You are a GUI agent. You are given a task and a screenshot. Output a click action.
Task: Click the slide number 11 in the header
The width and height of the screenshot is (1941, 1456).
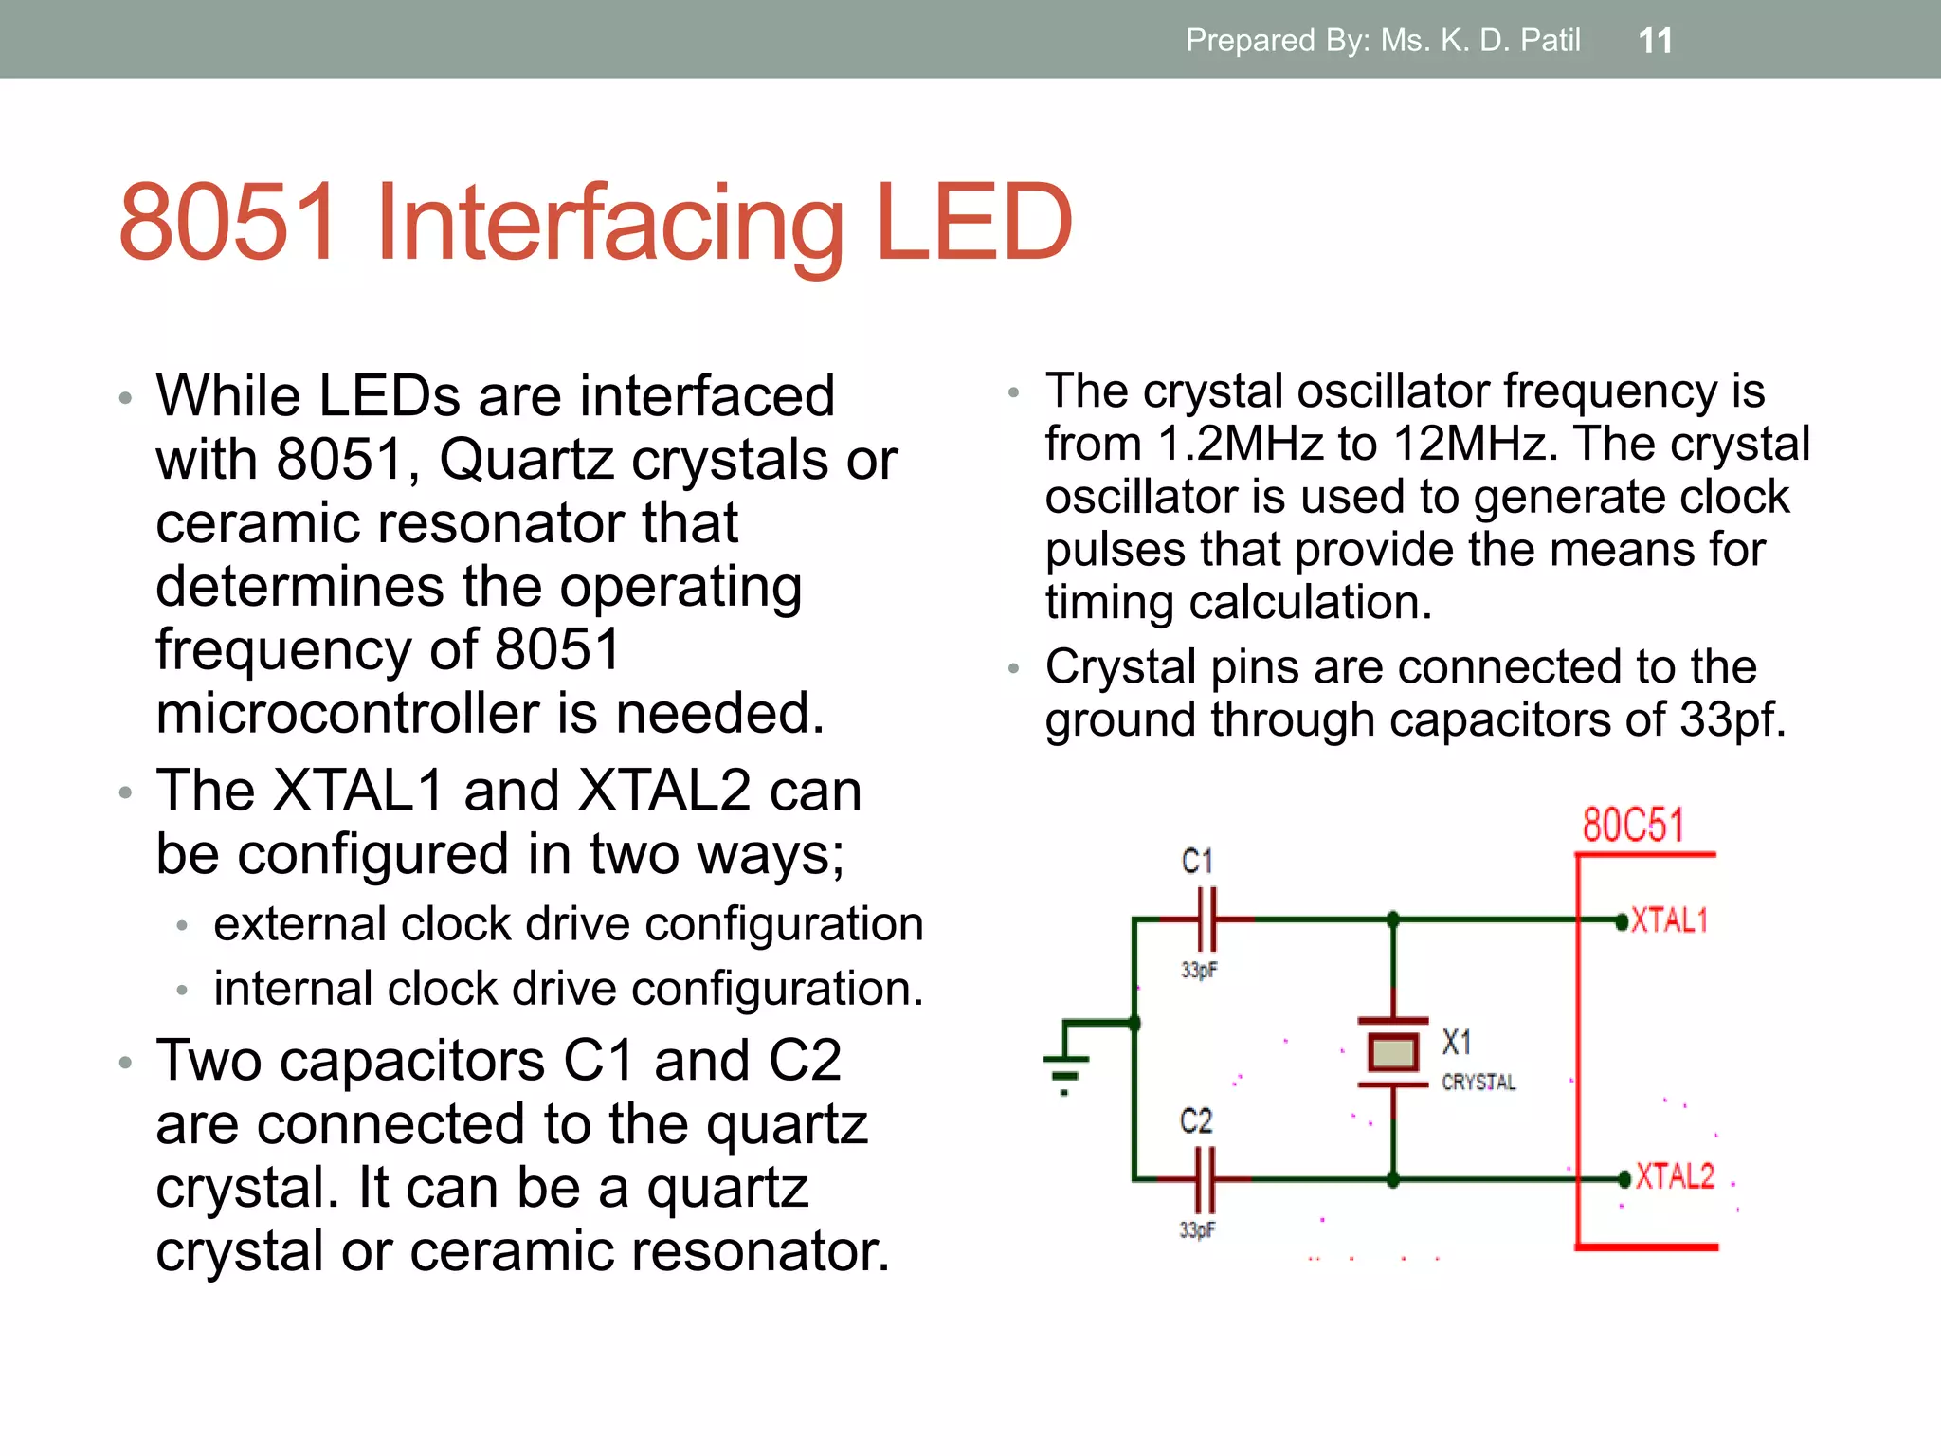1655,41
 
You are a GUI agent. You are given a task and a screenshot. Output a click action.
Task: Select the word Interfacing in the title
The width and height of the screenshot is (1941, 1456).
609,224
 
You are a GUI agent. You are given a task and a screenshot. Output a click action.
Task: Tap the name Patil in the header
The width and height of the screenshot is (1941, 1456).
1550,41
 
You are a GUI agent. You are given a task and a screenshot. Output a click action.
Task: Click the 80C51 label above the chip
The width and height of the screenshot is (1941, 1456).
1633,825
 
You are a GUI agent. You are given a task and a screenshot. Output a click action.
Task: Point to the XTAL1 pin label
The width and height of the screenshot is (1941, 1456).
1669,920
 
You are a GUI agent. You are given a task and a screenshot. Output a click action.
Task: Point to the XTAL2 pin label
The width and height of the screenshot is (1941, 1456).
1675,1176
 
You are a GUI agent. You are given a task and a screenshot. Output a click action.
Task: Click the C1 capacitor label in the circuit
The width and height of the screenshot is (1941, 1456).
1197,861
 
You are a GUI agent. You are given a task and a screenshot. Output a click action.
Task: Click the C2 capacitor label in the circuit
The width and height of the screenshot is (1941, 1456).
1196,1120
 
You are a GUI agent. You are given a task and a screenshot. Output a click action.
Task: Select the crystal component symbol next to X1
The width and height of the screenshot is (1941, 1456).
1392,1052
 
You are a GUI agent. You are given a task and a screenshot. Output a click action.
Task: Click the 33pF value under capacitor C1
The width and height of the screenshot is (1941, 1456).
1199,970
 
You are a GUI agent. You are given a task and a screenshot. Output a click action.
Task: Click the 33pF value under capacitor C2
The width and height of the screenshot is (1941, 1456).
1197,1229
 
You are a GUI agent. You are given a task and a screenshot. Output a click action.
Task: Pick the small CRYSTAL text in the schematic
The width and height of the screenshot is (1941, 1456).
1478,1082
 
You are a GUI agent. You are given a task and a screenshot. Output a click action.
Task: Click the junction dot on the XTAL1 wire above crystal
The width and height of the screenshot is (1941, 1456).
1392,919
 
